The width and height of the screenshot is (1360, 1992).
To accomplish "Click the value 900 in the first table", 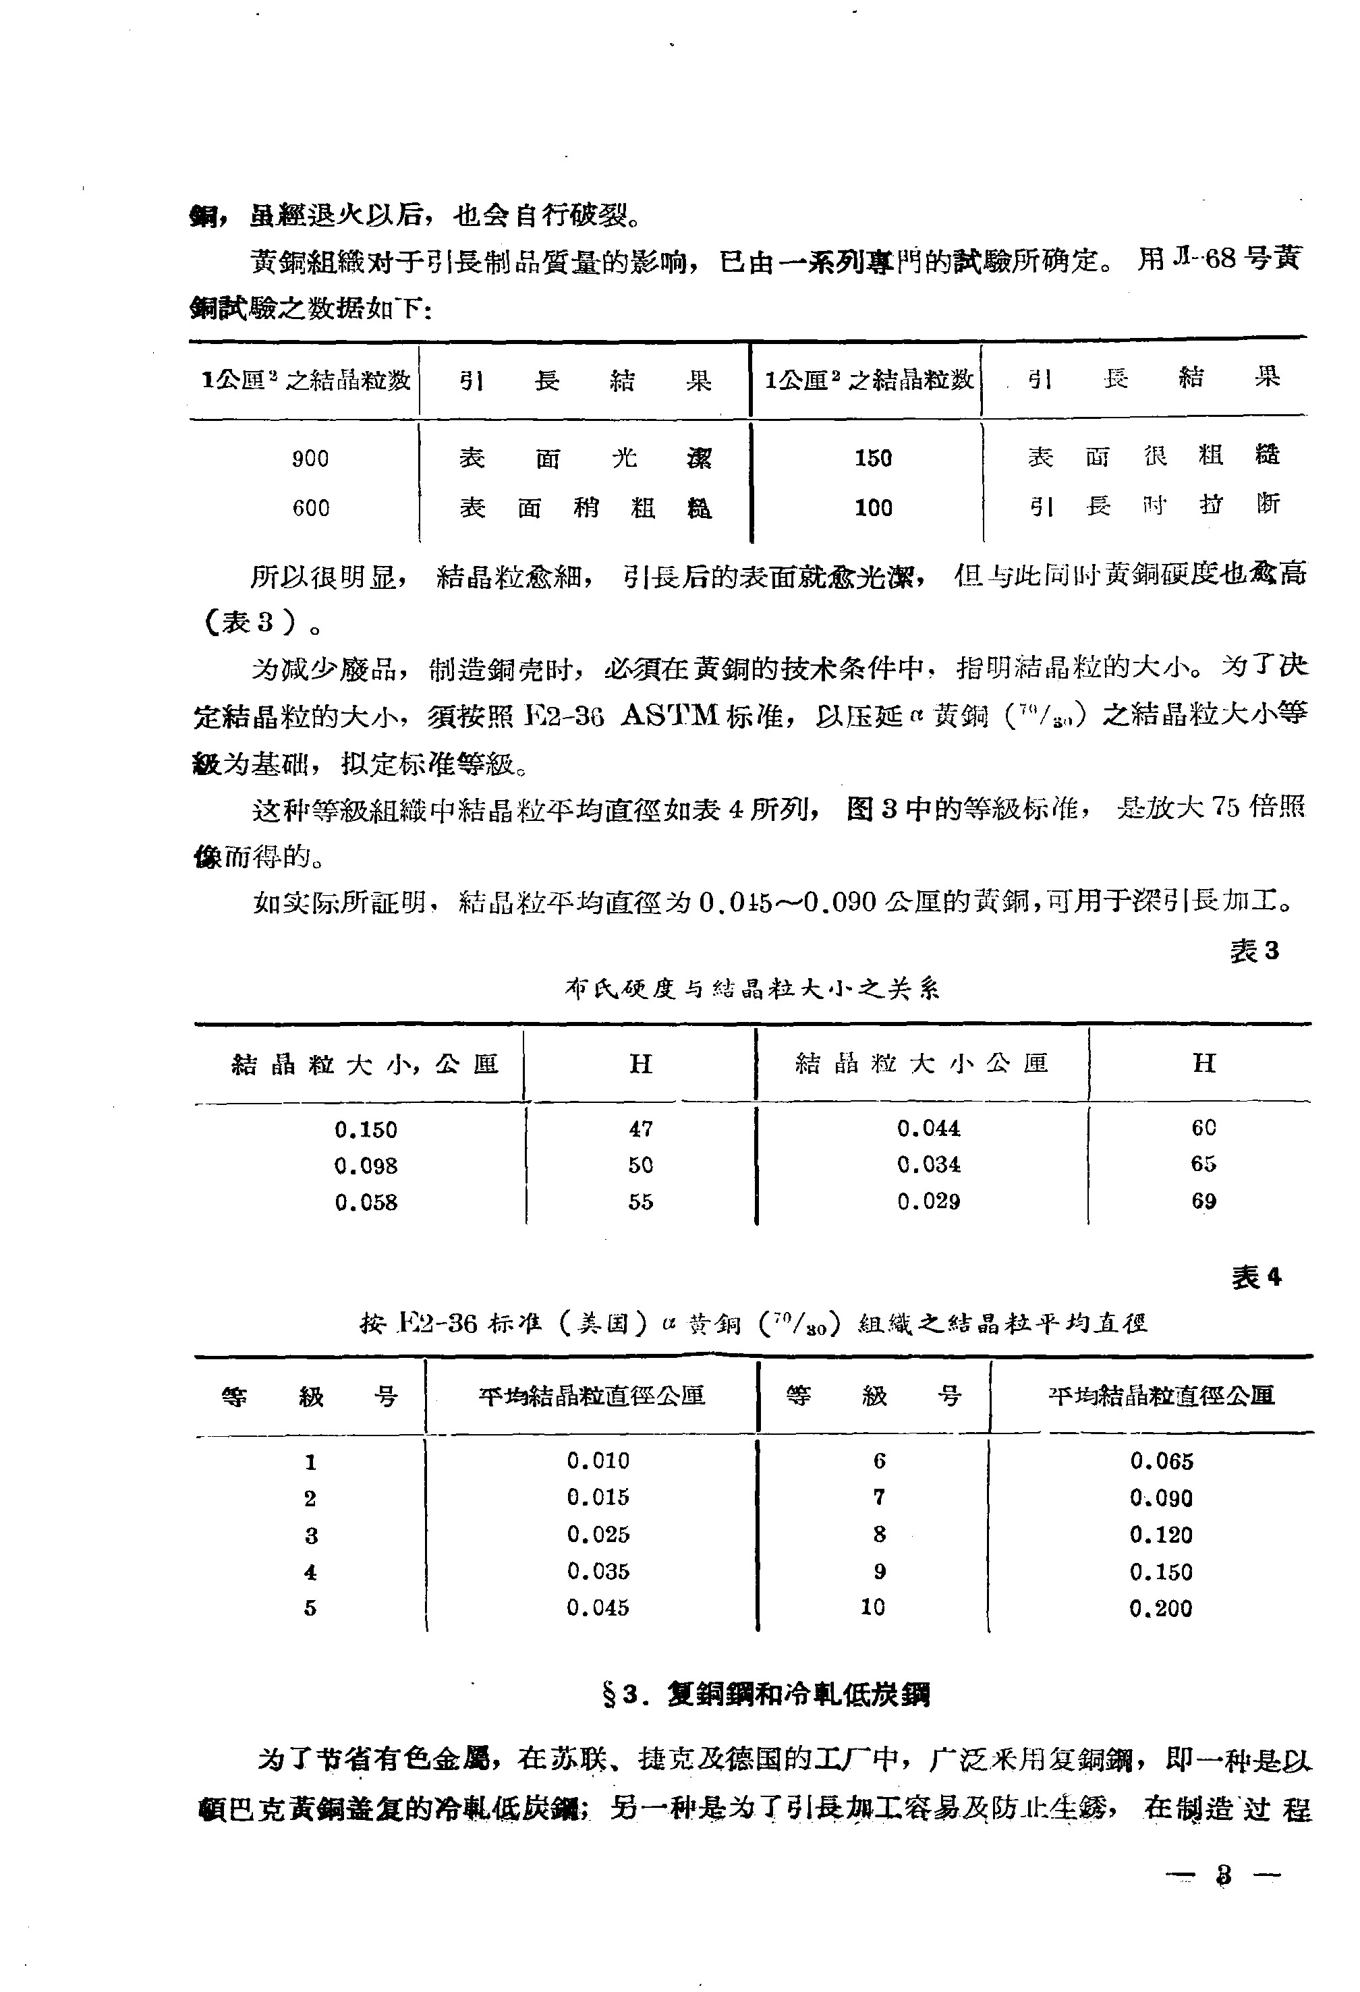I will [310, 459].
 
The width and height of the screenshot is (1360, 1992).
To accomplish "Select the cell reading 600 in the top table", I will [310, 508].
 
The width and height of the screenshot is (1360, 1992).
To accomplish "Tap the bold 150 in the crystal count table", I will [872, 459].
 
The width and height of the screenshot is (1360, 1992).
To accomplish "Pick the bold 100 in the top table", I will [872, 508].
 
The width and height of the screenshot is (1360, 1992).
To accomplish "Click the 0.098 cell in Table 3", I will [366, 1166].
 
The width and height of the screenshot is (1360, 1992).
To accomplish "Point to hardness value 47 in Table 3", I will [640, 1129].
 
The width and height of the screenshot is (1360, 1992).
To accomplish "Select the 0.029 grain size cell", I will [928, 1201].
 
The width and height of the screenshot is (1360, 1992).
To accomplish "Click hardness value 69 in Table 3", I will [1203, 1201].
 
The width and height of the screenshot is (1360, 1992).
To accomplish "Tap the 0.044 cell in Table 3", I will [928, 1129].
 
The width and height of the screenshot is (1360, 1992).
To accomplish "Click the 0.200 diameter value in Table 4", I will [1160, 1608].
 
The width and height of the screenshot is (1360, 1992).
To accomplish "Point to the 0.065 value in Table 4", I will [1160, 1461].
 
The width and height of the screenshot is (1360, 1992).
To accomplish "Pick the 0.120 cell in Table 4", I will [1160, 1534].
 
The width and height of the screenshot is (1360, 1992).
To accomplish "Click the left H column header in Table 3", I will [640, 1064].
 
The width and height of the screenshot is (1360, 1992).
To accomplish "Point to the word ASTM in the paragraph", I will [668, 715].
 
